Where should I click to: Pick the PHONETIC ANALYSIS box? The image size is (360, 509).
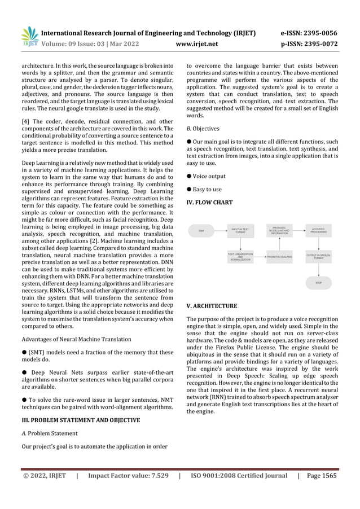pyautogui.click(x=279, y=257)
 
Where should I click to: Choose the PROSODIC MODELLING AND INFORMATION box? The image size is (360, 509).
pyautogui.click(x=279, y=230)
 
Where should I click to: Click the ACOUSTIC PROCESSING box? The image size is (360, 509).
pyautogui.click(x=318, y=230)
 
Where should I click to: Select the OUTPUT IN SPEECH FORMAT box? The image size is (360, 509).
pyautogui.click(x=318, y=257)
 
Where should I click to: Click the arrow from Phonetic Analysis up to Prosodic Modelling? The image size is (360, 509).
pyautogui.click(x=279, y=244)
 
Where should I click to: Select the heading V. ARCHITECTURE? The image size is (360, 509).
pyautogui.click(x=212, y=306)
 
